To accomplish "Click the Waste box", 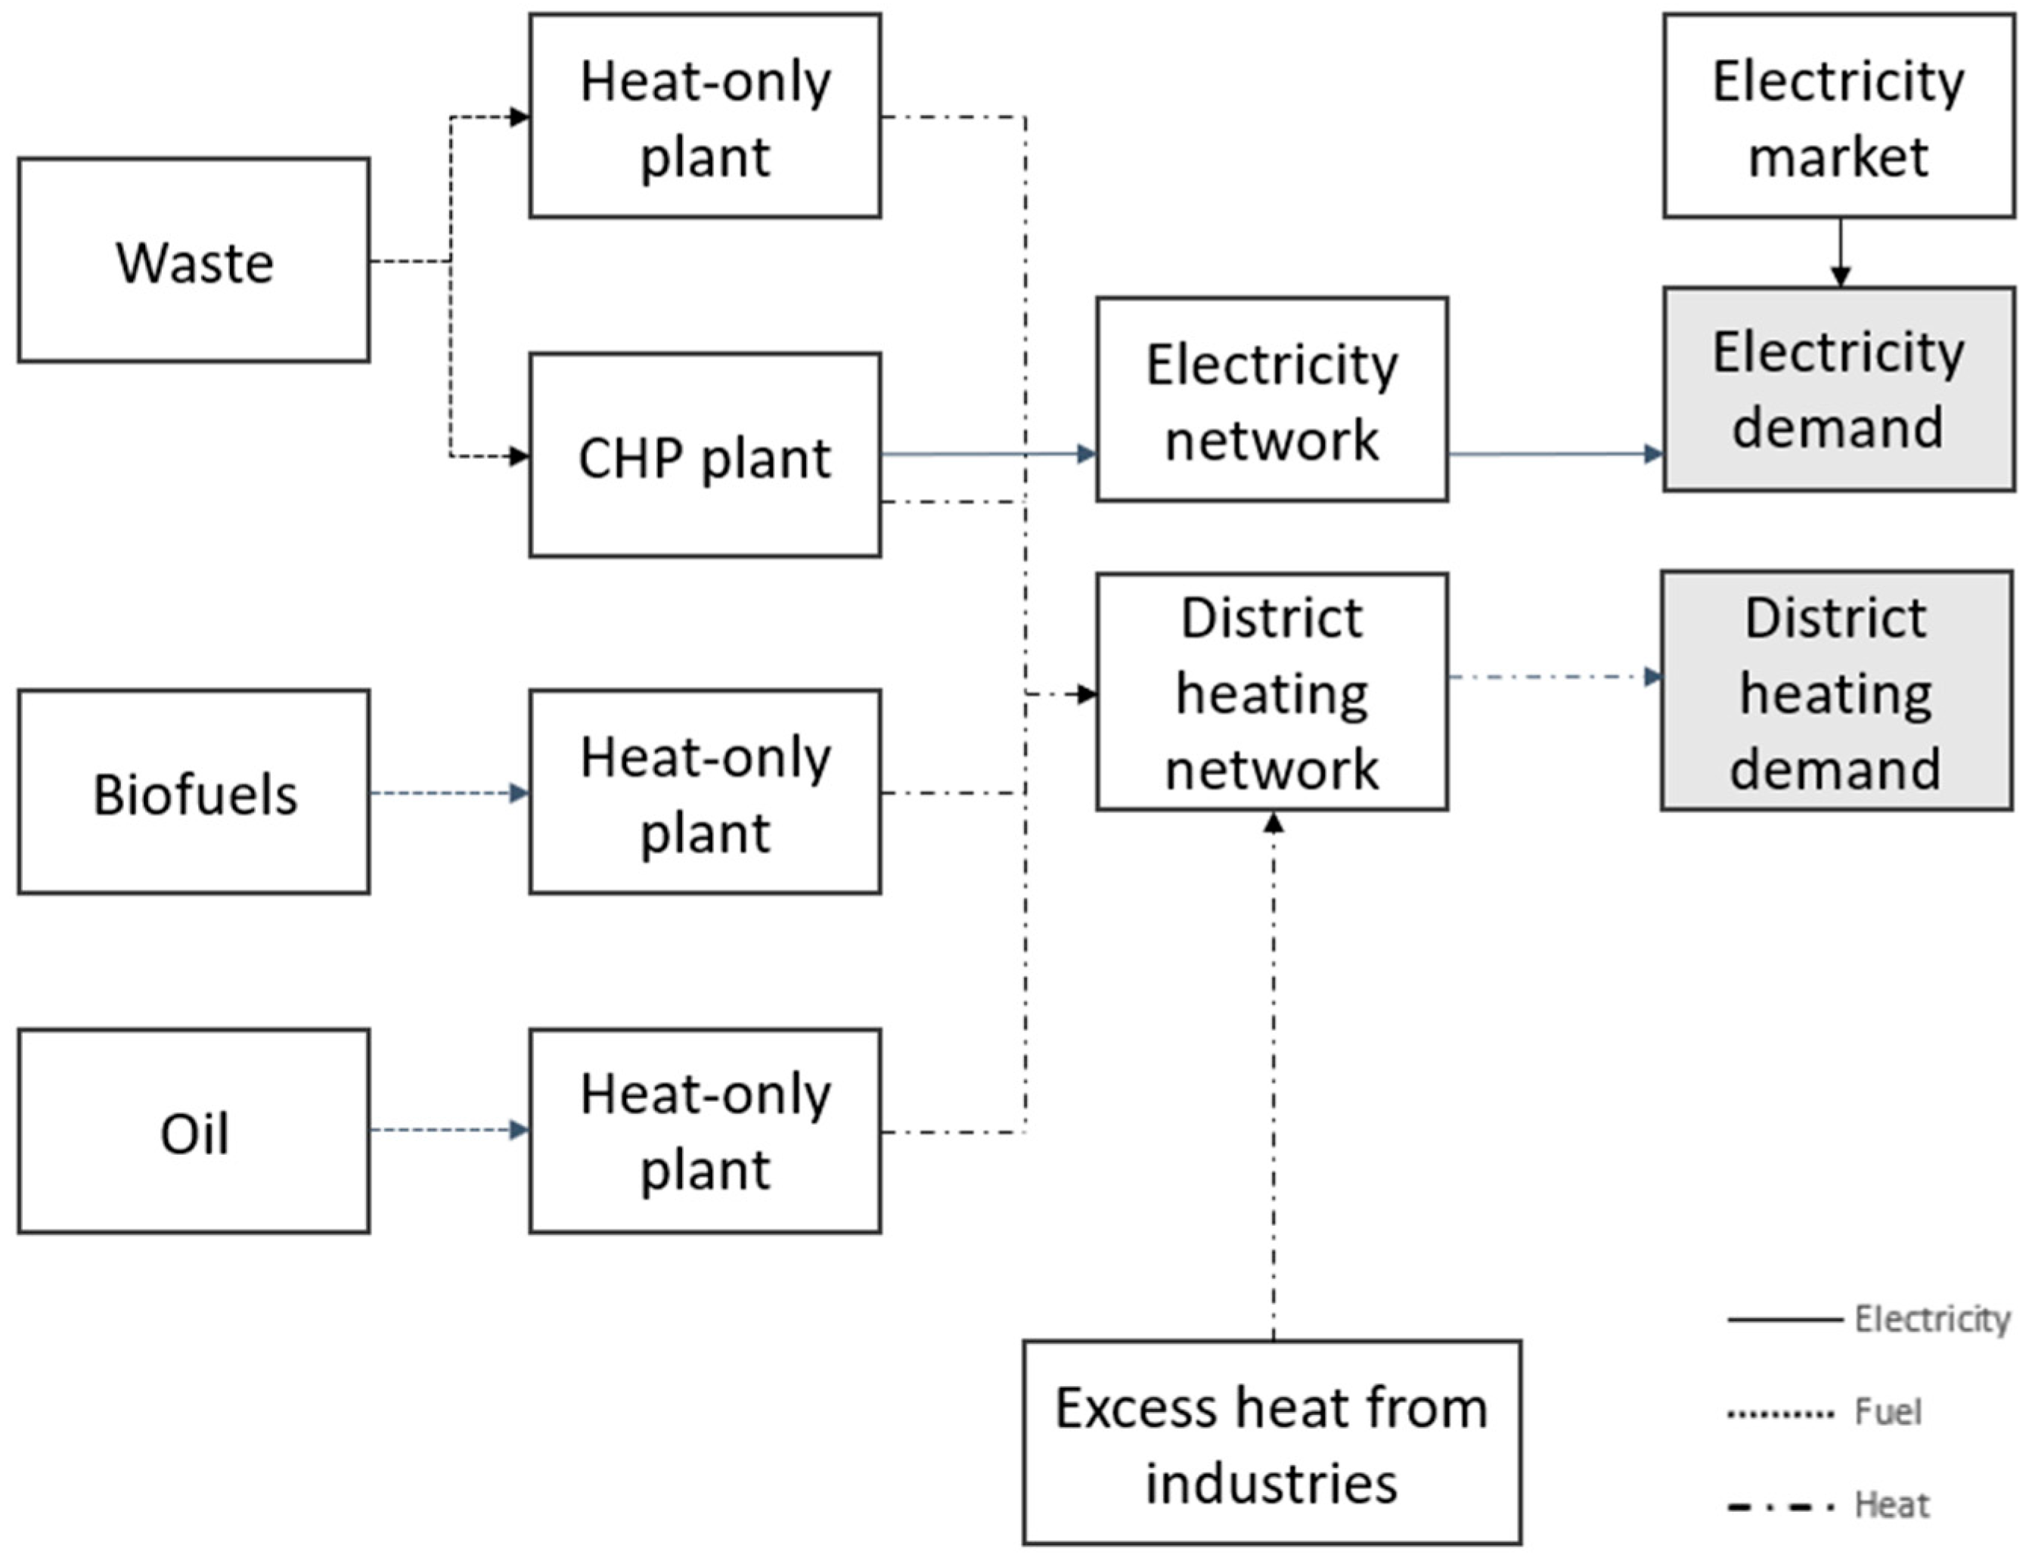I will [x=194, y=260].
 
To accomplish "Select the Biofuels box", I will [x=194, y=793].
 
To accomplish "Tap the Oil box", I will [x=194, y=1131].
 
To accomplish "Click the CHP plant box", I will [x=704, y=455].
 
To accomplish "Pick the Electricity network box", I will [x=1271, y=399].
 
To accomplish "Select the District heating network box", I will [x=1271, y=692].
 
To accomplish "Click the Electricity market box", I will [x=1838, y=116].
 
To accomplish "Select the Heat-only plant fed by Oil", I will [x=704, y=1131].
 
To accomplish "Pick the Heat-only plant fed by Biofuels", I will [x=704, y=793].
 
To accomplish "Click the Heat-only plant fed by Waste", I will [x=704, y=116].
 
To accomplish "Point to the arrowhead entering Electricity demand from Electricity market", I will [x=1841, y=276].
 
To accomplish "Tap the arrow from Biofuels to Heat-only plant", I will [x=450, y=793].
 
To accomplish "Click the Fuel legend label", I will [x=1888, y=1412].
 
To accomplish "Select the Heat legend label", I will [x=1891, y=1504].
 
